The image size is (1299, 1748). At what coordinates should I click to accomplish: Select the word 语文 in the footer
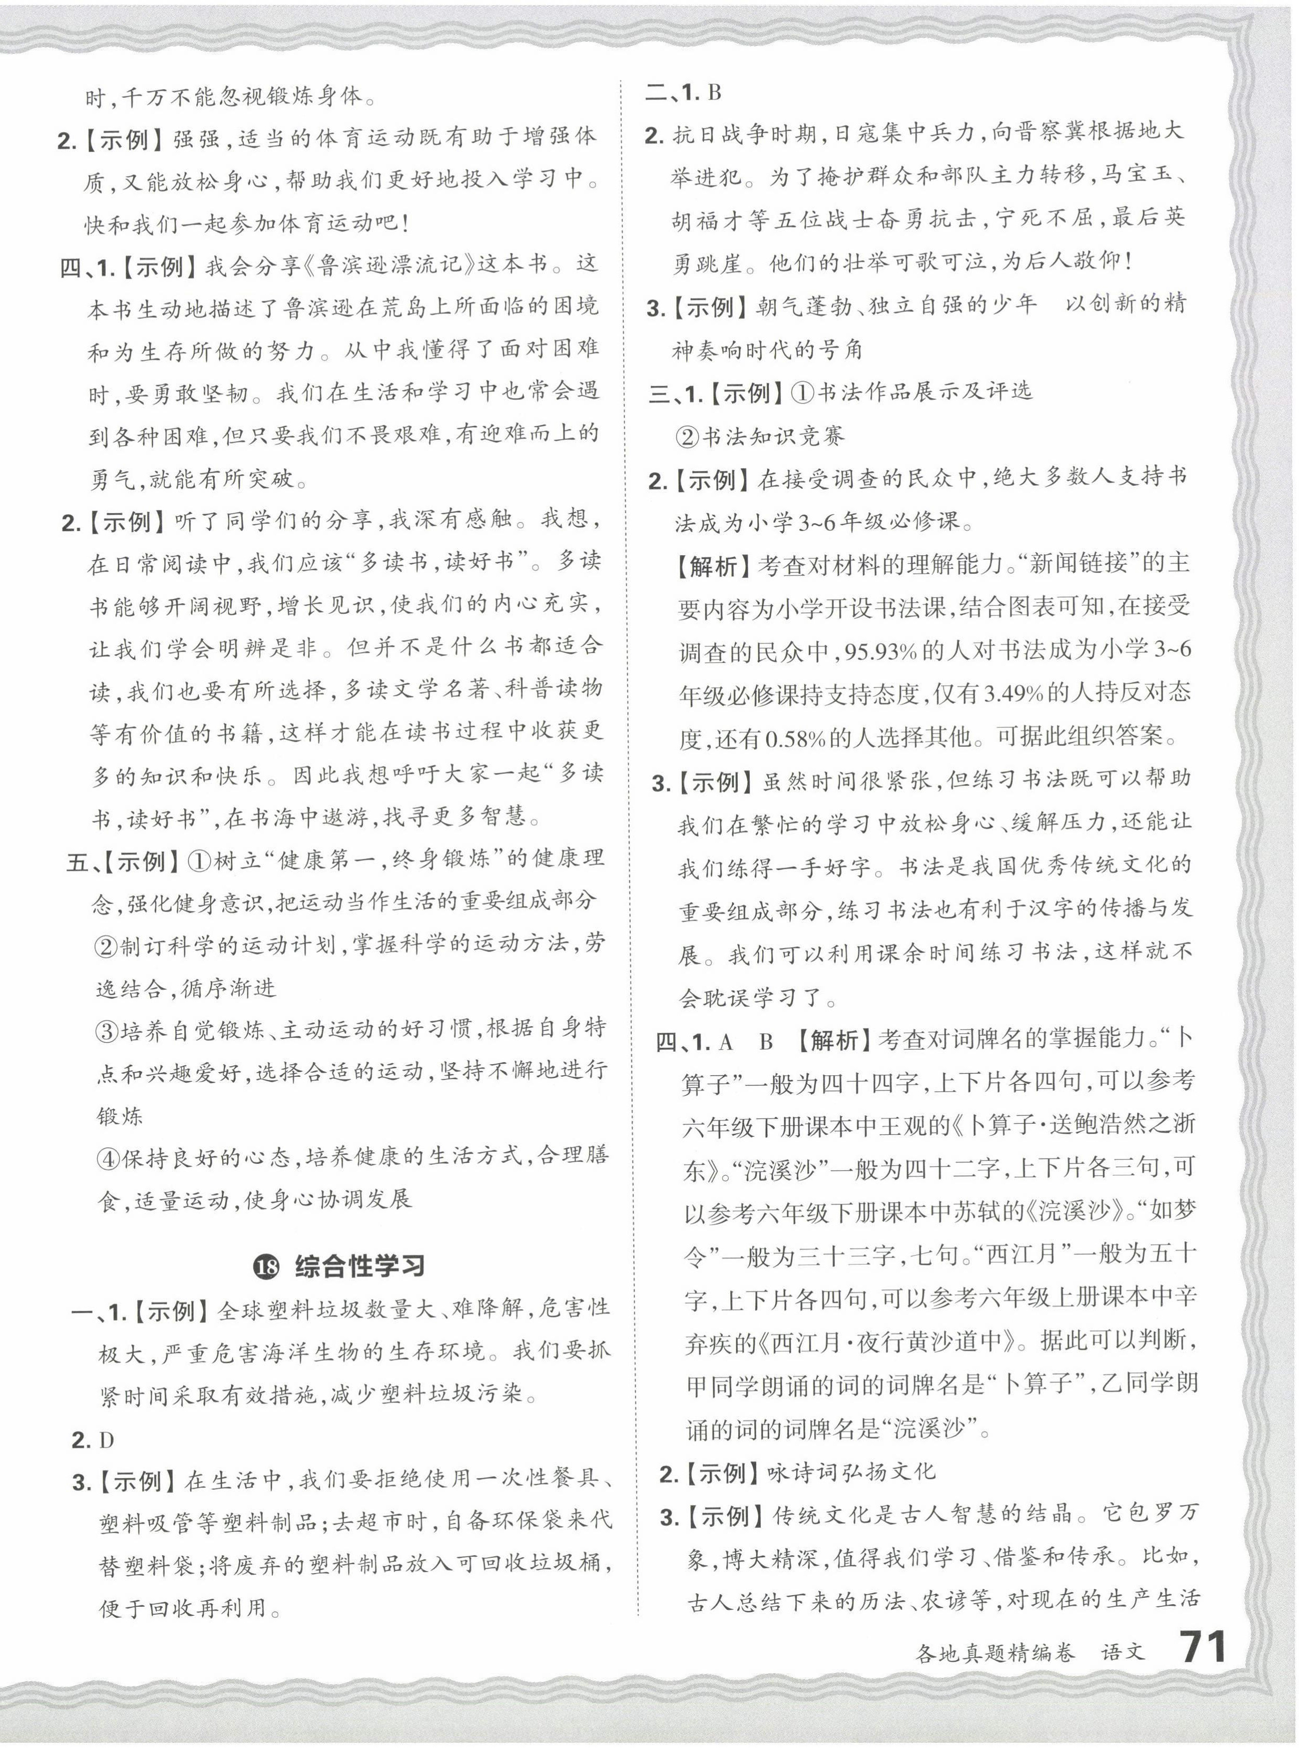[1123, 1652]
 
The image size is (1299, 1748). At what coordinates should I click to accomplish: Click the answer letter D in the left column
[107, 1440]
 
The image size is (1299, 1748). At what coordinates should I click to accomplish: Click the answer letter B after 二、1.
[714, 93]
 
